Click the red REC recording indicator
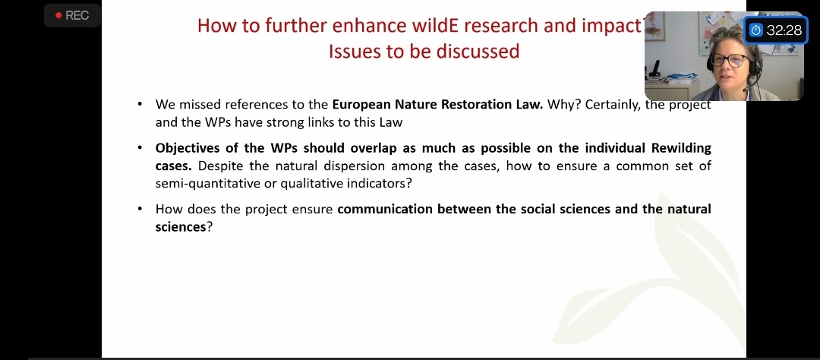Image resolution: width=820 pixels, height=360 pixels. coord(71,16)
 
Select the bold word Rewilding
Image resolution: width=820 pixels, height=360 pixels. coord(681,148)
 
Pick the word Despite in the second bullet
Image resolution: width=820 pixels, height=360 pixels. coord(218,166)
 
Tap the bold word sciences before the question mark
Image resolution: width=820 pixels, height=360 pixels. coord(181,228)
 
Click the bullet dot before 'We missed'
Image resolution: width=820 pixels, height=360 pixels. coord(140,103)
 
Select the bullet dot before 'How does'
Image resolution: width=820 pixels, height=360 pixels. coord(140,209)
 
